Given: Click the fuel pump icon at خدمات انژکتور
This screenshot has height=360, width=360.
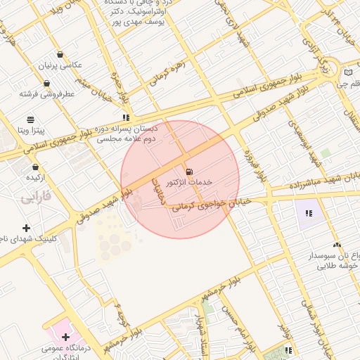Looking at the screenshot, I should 188,171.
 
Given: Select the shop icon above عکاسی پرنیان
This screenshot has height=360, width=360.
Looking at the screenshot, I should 60,54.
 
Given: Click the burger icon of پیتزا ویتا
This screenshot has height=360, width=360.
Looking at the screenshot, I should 30,120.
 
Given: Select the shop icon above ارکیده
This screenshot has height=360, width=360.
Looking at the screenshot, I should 35,167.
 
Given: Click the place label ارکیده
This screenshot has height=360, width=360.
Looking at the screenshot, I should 35,177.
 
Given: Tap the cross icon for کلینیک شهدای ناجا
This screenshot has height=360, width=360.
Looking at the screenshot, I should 27,227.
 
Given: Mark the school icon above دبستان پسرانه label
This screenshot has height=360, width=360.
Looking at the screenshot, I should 126,117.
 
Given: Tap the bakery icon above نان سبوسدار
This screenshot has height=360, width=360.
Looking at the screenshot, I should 337,245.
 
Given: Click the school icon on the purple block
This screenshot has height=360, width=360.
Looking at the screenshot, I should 308,213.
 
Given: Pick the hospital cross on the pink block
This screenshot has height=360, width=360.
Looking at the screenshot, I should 66,337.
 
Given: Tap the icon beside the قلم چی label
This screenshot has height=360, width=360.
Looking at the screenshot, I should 347,72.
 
